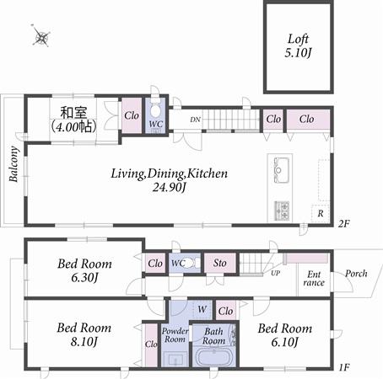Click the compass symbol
40,36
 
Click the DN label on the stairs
194,120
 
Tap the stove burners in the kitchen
282,207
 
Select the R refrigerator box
321,214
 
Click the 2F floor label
343,224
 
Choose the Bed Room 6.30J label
84,270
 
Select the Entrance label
313,279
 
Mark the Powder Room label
175,334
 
